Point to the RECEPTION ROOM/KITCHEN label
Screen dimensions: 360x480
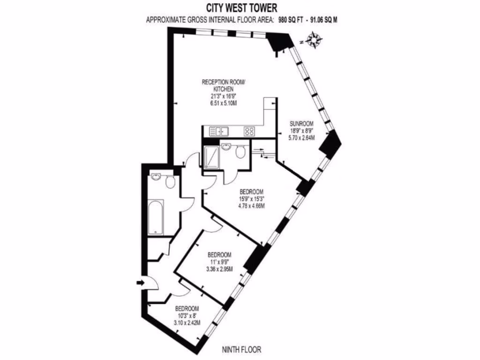pyautogui.click(x=223, y=85)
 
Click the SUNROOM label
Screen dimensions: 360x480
pyautogui.click(x=301, y=123)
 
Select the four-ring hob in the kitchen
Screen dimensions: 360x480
pyautogui.click(x=249, y=132)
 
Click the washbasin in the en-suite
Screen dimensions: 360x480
pyautogui.click(x=227, y=147)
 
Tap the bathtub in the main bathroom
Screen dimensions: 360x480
pyautogui.click(x=155, y=218)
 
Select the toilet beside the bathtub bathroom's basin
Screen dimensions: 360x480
pyautogui.click(x=170, y=181)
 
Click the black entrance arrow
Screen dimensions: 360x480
pyautogui.click(x=140, y=282)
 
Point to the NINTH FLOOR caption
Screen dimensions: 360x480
pyautogui.click(x=242, y=350)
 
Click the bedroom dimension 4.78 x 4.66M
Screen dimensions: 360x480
pyautogui.click(x=251, y=206)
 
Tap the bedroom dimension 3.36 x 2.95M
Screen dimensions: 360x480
pyautogui.click(x=220, y=269)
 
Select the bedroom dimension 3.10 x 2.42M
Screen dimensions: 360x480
pyautogui.click(x=187, y=323)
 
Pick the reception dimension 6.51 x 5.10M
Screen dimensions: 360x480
pyautogui.click(x=224, y=104)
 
